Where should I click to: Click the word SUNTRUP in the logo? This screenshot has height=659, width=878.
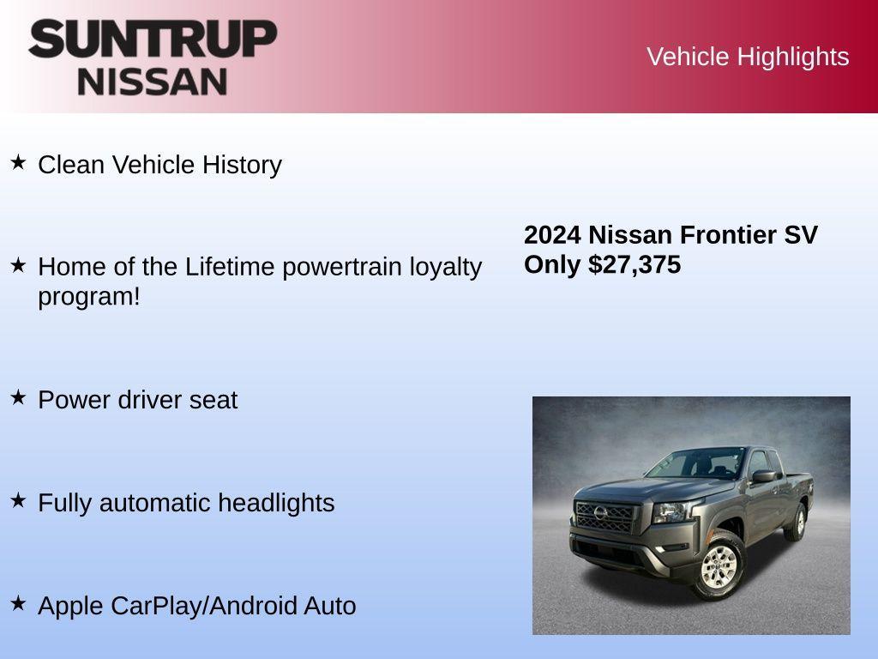pyautogui.click(x=153, y=39)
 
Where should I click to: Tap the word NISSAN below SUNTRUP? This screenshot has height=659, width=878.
pyautogui.click(x=153, y=82)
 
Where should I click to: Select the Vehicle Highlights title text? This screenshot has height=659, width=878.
pyautogui.click(x=748, y=57)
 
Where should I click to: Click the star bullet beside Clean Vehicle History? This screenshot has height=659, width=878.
pyautogui.click(x=18, y=162)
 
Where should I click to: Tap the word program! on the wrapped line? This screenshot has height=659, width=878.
pyautogui.click(x=88, y=297)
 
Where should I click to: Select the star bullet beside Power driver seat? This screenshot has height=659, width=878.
pyautogui.click(x=18, y=397)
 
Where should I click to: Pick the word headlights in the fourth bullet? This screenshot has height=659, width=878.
pyautogui.click(x=276, y=503)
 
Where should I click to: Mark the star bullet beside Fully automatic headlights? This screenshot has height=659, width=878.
pyautogui.click(x=18, y=500)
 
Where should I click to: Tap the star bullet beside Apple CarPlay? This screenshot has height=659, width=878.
pyautogui.click(x=18, y=603)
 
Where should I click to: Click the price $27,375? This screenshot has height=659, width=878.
pyautogui.click(x=634, y=264)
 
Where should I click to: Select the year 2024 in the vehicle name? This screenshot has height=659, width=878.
pyautogui.click(x=552, y=235)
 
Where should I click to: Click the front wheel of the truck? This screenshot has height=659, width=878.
pyautogui.click(x=719, y=565)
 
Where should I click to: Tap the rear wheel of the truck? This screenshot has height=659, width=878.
pyautogui.click(x=798, y=521)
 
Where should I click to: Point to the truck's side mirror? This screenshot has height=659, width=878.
pyautogui.click(x=762, y=476)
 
